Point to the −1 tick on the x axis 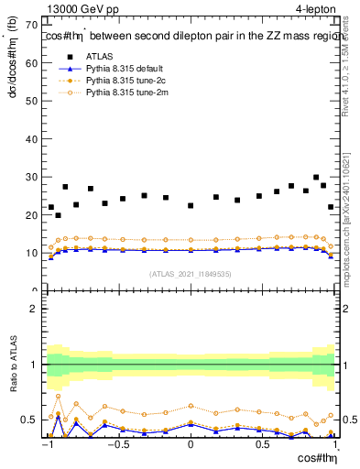(48, 446)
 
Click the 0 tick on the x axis (191, 446)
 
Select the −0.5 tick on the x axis (118, 446)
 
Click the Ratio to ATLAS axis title (12, 365)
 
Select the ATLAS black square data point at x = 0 (191, 206)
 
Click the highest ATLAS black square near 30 (316, 178)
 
